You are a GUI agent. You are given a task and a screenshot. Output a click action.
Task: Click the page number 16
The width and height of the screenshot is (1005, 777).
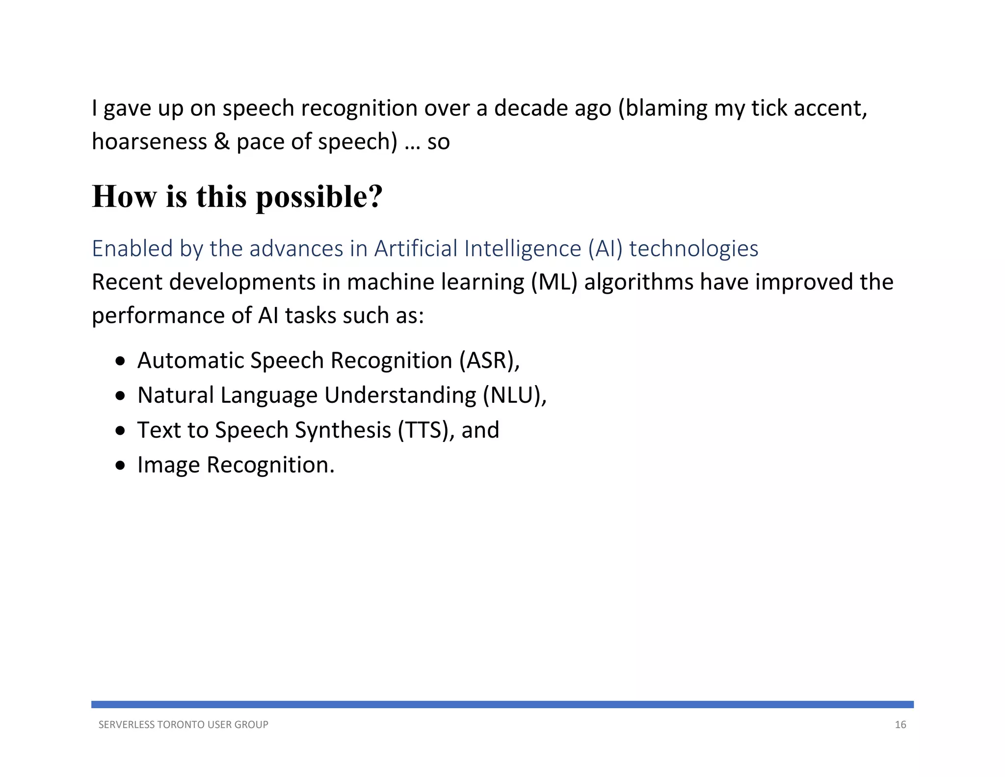[900, 724]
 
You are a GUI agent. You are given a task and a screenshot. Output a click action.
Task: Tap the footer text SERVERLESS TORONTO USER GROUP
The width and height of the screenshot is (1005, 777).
[183, 724]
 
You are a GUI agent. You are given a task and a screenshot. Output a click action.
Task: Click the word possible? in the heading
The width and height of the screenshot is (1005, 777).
[319, 197]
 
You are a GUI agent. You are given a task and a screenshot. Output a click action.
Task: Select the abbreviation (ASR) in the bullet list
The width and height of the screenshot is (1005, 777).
[489, 361]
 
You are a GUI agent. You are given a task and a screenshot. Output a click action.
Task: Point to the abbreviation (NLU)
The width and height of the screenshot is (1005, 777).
[513, 395]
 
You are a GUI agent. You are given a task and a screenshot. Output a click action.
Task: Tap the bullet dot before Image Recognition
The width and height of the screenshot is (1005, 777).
[121, 466]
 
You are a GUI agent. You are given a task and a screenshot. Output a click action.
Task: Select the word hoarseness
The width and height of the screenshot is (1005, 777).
[149, 142]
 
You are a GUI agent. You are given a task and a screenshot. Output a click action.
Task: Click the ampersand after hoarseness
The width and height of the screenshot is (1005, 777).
[221, 142]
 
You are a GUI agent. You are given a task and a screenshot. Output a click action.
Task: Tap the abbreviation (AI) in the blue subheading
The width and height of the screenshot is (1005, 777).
[605, 249]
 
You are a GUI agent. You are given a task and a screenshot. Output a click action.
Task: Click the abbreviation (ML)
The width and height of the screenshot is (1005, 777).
[554, 282]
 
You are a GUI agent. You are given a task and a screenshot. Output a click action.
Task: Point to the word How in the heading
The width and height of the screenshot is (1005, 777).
[124, 197]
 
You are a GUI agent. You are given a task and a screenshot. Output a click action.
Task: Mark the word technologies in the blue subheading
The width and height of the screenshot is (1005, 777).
[693, 249]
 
